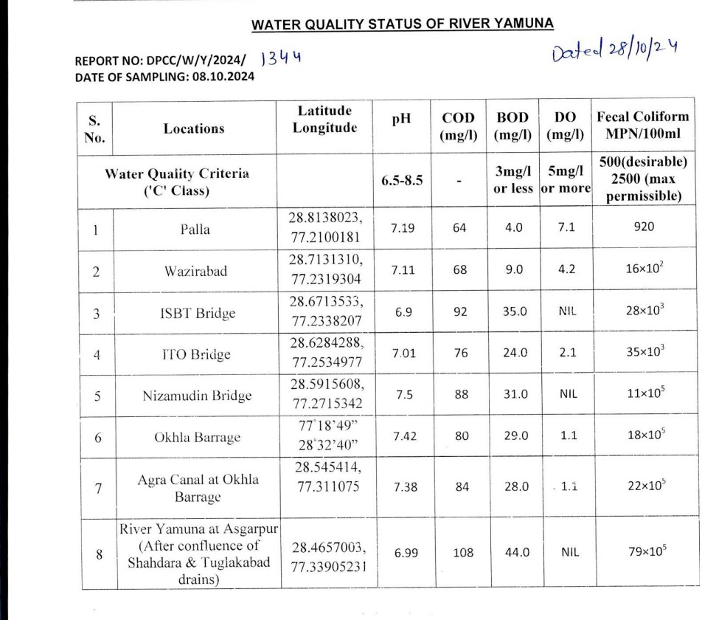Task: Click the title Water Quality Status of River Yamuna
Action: (402, 24)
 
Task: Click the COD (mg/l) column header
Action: (459, 126)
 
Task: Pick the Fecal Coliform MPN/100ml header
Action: (642, 126)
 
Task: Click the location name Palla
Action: (195, 229)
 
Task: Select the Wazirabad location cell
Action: (195, 271)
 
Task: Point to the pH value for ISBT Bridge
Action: (403, 312)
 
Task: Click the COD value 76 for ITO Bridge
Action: (460, 354)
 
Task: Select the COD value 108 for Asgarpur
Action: (462, 551)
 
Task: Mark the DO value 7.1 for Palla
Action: (566, 228)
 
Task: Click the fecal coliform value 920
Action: (644, 228)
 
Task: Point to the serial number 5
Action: (97, 395)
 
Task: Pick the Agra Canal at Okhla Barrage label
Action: (198, 487)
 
